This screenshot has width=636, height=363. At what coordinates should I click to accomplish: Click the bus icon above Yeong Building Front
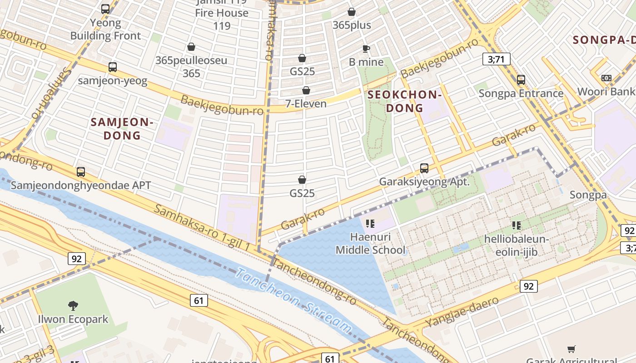105,9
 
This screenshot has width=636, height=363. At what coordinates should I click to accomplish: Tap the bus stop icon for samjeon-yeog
113,67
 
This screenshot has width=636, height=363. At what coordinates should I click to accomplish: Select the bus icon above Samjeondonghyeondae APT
81,172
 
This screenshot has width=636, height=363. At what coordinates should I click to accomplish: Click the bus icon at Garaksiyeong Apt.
424,168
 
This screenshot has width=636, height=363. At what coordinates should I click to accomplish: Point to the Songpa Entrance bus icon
521,80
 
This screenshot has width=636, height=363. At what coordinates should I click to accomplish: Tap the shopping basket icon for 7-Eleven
306,90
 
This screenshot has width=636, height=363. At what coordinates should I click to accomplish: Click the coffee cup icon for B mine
366,49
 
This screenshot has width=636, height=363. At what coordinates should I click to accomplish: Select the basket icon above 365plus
352,12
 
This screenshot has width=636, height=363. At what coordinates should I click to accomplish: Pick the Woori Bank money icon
606,78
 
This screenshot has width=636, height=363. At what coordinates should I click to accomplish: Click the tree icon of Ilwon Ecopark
73,305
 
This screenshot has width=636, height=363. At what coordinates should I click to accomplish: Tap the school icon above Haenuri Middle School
370,223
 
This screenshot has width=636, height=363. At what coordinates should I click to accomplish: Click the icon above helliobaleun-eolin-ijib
516,225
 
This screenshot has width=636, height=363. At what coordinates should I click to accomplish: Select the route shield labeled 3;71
496,59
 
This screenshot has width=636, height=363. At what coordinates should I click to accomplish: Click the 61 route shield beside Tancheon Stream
199,300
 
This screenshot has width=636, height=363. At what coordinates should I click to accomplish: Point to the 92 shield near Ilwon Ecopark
76,259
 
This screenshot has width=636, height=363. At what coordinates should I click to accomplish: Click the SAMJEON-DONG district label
122,128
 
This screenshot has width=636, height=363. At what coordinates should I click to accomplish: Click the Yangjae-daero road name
462,312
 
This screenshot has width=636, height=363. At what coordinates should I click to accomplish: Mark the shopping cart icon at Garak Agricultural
571,349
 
